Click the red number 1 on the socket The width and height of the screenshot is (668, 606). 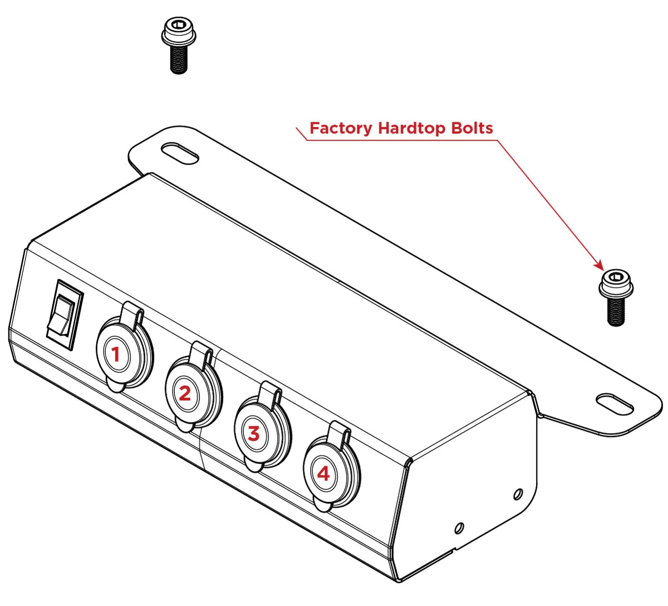click(x=116, y=354)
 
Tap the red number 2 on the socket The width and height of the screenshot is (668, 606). click(x=185, y=394)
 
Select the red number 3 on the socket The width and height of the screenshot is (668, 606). click(x=254, y=433)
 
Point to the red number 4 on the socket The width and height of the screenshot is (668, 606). click(x=323, y=474)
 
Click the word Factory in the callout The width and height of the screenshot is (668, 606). click(x=341, y=128)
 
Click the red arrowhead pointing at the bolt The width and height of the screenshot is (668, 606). click(x=599, y=265)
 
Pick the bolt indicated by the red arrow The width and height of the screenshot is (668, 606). click(x=616, y=298)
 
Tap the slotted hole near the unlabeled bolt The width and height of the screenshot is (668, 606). click(x=179, y=153)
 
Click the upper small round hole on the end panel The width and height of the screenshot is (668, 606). click(x=518, y=493)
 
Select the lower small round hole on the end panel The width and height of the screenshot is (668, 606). click(x=459, y=527)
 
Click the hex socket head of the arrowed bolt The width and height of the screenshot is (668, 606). click(x=616, y=277)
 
